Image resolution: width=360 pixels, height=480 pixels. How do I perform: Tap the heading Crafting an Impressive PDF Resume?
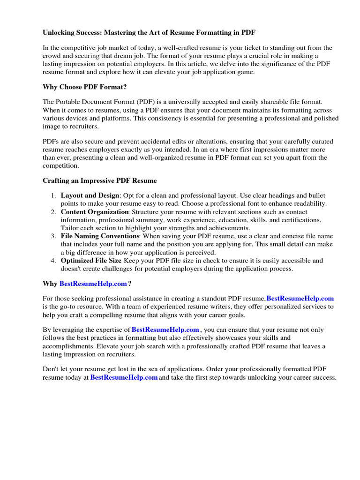tap(100, 180)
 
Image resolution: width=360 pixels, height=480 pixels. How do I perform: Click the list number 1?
tap(53, 195)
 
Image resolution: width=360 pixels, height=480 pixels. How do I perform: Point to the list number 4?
tap(53, 261)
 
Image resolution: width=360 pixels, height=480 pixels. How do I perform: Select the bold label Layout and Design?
tap(90, 195)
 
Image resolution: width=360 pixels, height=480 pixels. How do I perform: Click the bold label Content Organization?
tap(95, 212)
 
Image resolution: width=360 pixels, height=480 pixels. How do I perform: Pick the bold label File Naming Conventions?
tap(100, 236)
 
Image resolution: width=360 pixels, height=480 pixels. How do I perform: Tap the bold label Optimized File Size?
tap(92, 261)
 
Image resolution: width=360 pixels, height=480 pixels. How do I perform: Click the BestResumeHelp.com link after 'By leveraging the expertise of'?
tap(165, 330)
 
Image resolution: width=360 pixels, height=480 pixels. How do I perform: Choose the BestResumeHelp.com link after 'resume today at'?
tap(124, 377)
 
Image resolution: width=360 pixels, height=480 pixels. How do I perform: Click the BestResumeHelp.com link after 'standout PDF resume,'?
tap(300, 298)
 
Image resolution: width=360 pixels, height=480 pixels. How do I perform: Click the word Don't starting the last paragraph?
tap(51, 369)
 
